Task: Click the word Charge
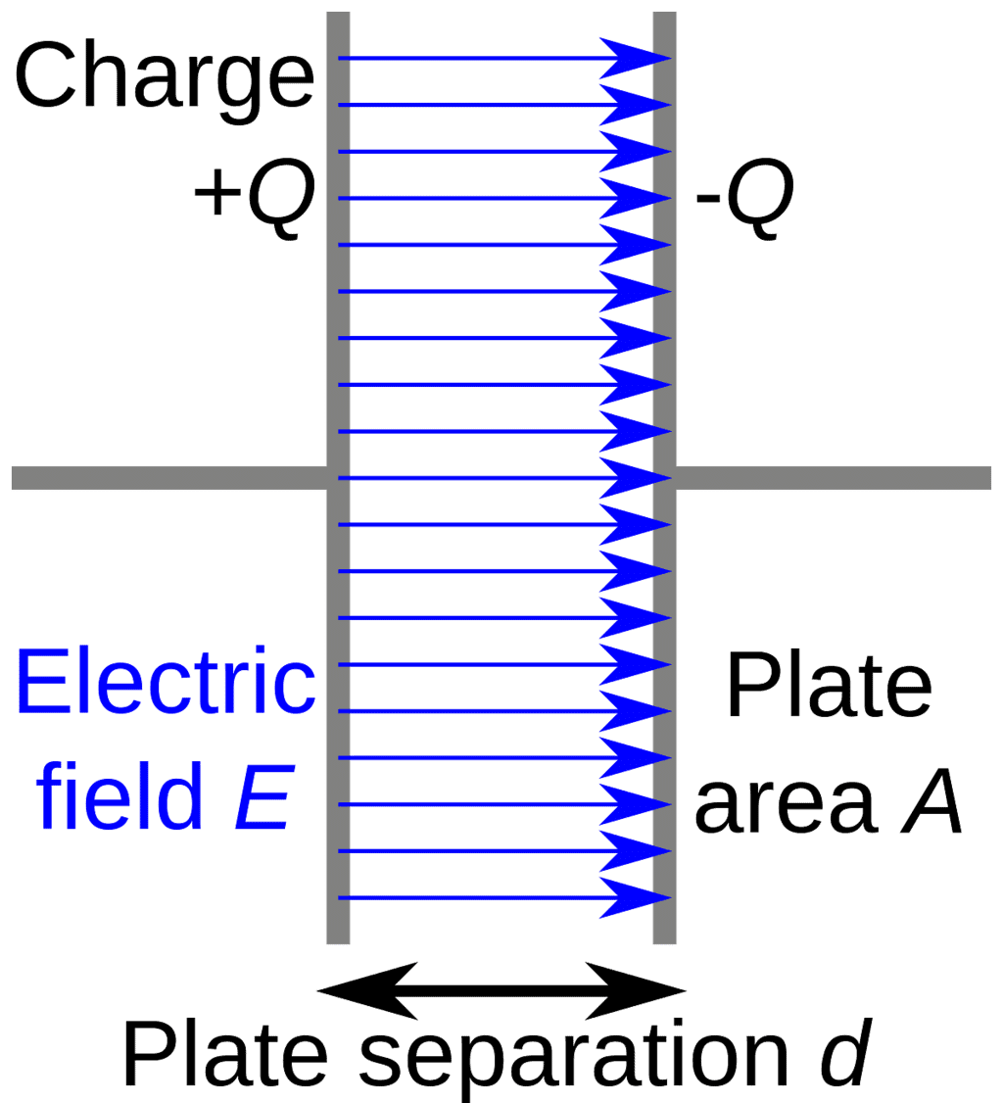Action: pos(164,77)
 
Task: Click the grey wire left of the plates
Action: pos(167,478)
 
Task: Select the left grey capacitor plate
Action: pos(338,294)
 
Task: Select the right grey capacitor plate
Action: pos(665,294)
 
